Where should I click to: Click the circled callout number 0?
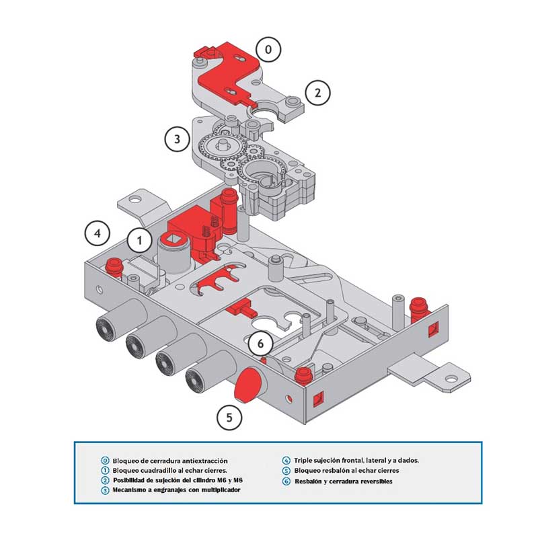point(269,49)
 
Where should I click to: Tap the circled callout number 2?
point(318,92)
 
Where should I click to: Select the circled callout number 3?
point(177,139)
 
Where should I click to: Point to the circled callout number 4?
point(98,233)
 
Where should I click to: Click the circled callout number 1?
point(140,239)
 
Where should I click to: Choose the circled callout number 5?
point(229,417)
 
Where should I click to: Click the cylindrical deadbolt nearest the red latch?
point(201,377)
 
